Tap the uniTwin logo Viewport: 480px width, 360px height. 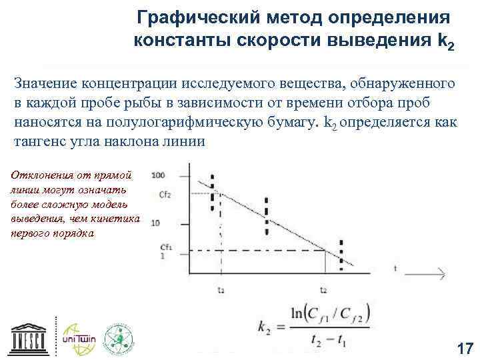click(79, 338)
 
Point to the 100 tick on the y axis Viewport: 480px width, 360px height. click(159, 175)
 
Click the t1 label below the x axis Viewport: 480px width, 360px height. click(221, 290)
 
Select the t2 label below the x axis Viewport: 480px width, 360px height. click(323, 290)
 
